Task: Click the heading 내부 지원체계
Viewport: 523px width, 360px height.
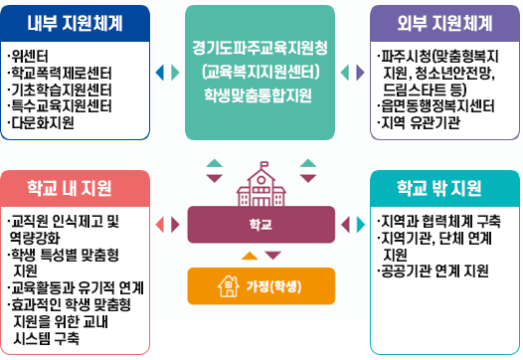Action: tap(76, 22)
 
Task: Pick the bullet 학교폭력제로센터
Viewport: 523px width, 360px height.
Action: tap(59, 73)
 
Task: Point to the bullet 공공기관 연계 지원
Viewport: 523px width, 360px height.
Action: tap(435, 270)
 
